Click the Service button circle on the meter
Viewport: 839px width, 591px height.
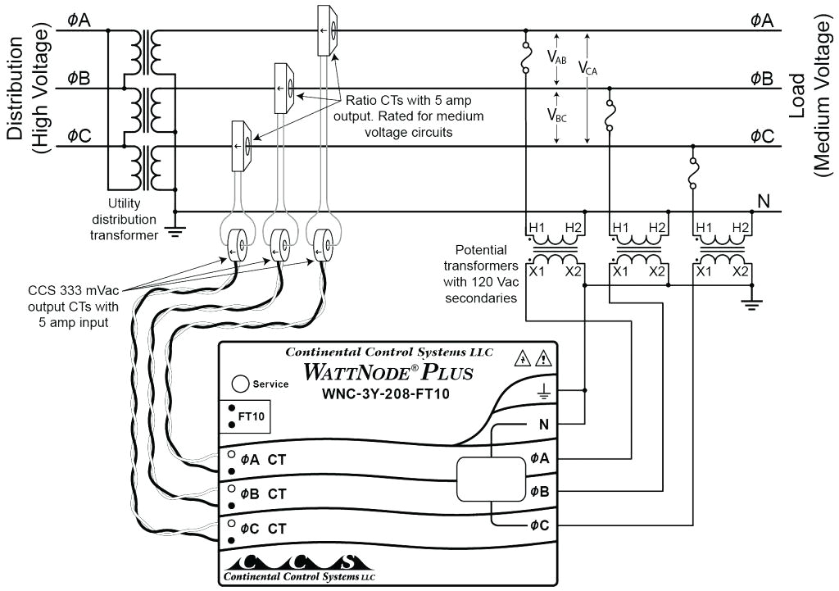[x=241, y=384]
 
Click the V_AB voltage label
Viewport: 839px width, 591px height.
[x=556, y=58]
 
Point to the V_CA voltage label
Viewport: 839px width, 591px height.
[x=587, y=69]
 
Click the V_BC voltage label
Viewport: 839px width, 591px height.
[x=556, y=115]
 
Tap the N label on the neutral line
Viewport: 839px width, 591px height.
[x=763, y=202]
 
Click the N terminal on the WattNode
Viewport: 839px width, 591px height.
[x=543, y=425]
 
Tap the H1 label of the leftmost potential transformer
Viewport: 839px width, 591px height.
[x=537, y=227]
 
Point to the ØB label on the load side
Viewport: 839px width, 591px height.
[x=761, y=79]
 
